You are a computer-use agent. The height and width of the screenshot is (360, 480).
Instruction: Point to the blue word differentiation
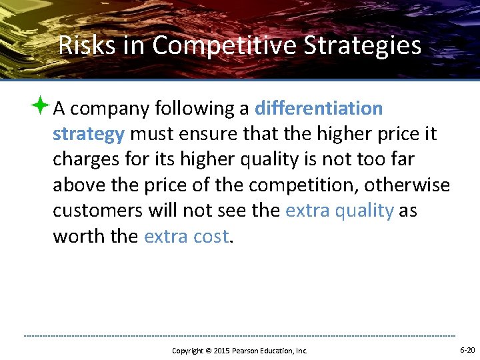pyautogui.click(x=319, y=108)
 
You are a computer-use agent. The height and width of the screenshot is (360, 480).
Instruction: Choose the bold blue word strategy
pyautogui.click(x=89, y=134)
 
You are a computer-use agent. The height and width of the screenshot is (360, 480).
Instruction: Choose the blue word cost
pyautogui.click(x=211, y=235)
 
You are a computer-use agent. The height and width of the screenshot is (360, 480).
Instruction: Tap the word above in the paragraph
pyautogui.click(x=79, y=185)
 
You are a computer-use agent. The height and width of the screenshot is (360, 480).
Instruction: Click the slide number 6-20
pyautogui.click(x=467, y=350)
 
